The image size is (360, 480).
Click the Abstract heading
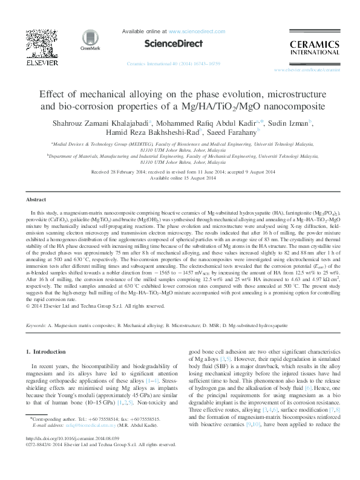37,199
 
